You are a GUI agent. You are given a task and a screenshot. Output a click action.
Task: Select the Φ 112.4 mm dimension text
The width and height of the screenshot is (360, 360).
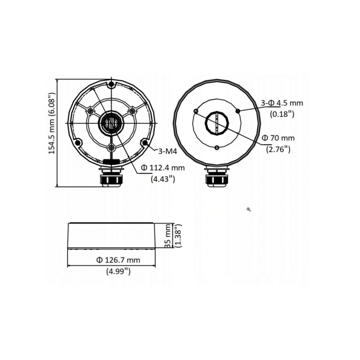pos(163,168)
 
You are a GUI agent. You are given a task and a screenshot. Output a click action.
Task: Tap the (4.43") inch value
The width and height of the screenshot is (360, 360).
pos(162,179)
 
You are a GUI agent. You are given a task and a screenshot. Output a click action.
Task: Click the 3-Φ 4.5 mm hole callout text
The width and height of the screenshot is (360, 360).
pos(282,103)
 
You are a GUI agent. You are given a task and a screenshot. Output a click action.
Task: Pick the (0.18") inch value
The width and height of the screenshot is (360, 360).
pos(282,114)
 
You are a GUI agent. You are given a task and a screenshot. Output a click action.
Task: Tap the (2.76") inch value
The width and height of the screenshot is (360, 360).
pos(278,148)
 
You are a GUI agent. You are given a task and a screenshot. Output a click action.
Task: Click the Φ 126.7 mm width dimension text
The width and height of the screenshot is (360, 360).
pos(118,260)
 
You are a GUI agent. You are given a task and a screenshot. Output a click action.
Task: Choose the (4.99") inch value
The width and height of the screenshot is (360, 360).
pos(118,271)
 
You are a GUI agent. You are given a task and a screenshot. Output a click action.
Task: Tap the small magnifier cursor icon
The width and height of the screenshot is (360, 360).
pos(249,210)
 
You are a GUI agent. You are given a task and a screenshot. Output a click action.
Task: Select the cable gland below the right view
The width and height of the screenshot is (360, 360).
pos(217,177)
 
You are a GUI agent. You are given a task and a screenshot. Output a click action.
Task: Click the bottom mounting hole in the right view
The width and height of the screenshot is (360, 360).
pos(217,148)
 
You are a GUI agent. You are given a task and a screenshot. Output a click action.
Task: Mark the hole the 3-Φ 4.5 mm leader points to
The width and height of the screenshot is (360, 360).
pos(237,110)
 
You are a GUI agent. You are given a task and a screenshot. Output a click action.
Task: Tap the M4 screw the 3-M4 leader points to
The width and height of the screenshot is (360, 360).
pos(145,143)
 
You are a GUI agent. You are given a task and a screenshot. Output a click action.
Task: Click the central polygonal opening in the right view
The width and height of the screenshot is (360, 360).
pos(217,123)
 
